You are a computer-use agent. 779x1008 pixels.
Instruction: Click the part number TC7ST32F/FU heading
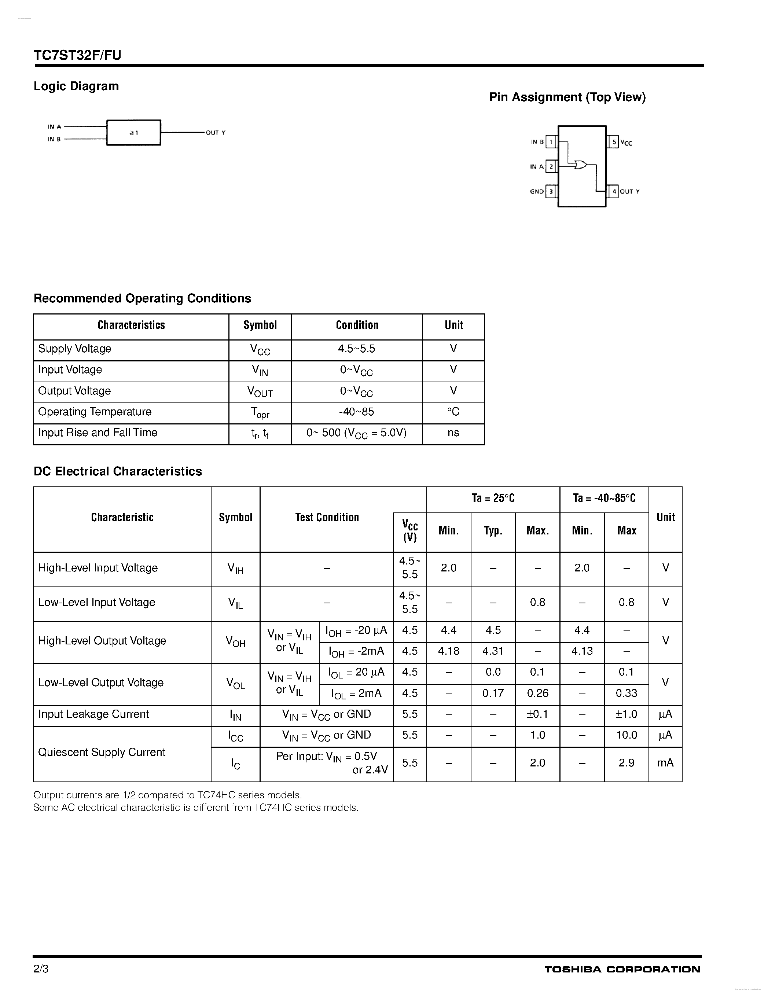77,55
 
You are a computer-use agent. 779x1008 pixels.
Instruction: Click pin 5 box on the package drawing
614,142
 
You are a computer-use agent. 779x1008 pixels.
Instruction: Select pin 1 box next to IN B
551,142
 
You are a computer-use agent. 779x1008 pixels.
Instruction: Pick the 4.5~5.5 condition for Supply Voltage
356,349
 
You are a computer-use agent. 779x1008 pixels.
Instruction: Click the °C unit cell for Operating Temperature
453,412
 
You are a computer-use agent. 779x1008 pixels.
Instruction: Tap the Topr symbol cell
260,413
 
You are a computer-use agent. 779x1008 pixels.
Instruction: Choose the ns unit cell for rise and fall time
453,433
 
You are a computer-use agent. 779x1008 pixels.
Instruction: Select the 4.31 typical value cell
493,651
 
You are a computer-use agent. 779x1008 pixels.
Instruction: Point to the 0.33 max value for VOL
626,693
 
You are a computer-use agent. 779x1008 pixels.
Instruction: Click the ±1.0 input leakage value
626,714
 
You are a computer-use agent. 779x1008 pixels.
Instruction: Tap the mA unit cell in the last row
665,763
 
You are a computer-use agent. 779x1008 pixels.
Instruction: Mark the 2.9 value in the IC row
626,763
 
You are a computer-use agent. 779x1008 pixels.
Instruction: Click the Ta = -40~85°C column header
604,499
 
